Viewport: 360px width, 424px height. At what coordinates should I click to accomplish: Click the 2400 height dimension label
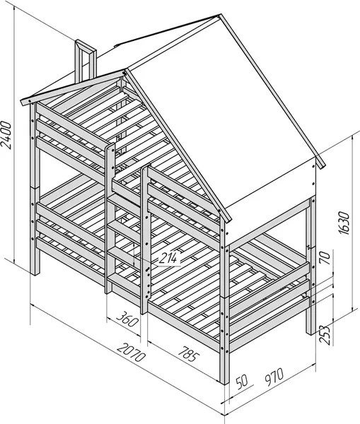(x=6, y=135)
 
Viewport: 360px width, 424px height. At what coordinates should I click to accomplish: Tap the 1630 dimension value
(x=344, y=223)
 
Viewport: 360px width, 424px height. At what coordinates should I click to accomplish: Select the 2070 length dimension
(x=132, y=352)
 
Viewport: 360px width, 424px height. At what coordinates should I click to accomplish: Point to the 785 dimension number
(x=189, y=353)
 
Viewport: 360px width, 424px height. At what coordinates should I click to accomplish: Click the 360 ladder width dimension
(x=127, y=319)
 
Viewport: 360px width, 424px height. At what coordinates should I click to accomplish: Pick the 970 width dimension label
(x=273, y=377)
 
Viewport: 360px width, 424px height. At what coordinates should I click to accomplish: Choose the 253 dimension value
(x=325, y=334)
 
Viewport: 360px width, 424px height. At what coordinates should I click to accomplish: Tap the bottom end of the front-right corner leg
(x=224, y=382)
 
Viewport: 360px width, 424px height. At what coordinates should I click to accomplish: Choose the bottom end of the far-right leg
(x=310, y=333)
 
